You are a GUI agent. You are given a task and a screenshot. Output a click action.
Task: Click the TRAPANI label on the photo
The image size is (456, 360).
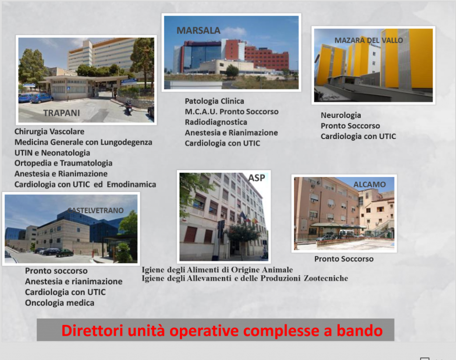pyautogui.click(x=61, y=113)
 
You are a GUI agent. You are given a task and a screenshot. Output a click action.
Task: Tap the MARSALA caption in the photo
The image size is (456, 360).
pyautogui.click(x=198, y=31)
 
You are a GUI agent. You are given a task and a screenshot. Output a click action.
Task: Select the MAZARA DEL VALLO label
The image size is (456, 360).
pyautogui.click(x=369, y=40)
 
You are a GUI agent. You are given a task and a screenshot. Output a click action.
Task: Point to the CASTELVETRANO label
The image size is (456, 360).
pyautogui.click(x=96, y=210)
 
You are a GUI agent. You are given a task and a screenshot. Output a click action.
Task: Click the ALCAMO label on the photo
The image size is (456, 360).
pyautogui.click(x=369, y=184)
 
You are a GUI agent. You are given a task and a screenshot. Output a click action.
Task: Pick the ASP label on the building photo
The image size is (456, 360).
pyautogui.click(x=256, y=178)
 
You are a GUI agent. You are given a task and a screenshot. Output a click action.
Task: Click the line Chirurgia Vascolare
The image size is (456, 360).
pyautogui.click(x=49, y=131)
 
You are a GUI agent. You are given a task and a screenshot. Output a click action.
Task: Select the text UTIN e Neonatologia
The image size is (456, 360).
pyautogui.click(x=53, y=153)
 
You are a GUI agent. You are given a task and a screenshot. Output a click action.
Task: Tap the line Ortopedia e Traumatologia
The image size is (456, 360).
pyautogui.click(x=63, y=163)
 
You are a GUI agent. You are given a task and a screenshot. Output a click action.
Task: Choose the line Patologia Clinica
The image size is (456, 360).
pyautogui.click(x=214, y=101)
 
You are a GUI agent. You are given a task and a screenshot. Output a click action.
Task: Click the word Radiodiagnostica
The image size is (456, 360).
pyautogui.click(x=216, y=122)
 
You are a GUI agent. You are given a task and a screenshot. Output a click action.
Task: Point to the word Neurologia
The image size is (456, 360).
pyautogui.click(x=341, y=115)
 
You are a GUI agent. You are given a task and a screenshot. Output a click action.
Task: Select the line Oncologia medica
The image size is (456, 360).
pyautogui.click(x=60, y=303)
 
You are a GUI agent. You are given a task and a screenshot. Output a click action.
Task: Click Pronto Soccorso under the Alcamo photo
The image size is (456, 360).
pyautogui.click(x=344, y=259)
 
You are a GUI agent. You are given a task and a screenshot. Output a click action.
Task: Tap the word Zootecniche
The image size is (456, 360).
pyautogui.click(x=326, y=278)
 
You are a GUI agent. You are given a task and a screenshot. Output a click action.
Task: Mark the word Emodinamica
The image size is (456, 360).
pyautogui.click(x=131, y=184)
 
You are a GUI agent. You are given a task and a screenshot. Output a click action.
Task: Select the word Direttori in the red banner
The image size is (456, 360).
pyautogui.click(x=92, y=331)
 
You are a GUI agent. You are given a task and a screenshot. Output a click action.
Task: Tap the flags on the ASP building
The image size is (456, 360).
pyautogui.click(x=248, y=217)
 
